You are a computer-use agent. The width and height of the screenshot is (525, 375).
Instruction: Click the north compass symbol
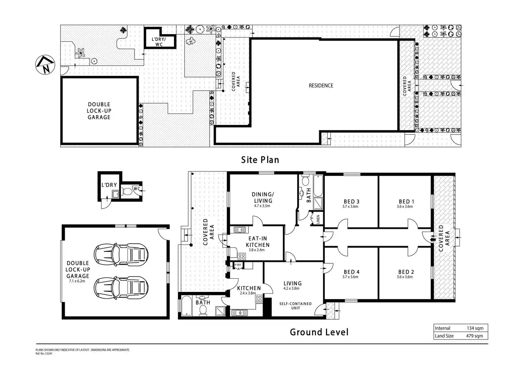(x=45, y=65)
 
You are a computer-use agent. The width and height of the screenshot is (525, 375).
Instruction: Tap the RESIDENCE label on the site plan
(x=321, y=86)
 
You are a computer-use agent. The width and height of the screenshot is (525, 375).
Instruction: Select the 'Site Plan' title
(x=260, y=160)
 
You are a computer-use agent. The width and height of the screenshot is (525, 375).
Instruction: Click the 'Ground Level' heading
(x=319, y=332)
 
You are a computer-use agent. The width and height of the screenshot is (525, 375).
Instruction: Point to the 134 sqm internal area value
(x=475, y=328)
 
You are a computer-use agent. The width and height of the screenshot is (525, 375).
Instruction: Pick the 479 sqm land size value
(x=475, y=336)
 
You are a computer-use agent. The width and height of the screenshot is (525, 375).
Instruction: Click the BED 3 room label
(x=352, y=202)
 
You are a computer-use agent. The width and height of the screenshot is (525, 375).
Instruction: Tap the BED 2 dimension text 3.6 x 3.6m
(x=405, y=277)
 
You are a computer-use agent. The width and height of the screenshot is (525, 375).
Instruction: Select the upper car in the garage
(x=121, y=254)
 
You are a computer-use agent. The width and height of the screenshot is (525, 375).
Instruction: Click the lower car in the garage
(x=121, y=288)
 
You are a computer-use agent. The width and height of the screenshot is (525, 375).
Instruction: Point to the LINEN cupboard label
(x=318, y=219)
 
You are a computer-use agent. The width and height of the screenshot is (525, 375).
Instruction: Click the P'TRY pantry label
(x=238, y=265)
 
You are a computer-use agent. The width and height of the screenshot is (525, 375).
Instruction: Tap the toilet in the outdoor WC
(x=127, y=191)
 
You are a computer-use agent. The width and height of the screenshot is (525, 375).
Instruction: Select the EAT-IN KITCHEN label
(x=258, y=242)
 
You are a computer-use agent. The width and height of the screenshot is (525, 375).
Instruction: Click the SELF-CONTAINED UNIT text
(x=296, y=306)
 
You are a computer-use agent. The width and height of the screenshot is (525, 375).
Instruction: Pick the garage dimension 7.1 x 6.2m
(x=77, y=281)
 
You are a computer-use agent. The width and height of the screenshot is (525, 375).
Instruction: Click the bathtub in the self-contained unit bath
(x=187, y=306)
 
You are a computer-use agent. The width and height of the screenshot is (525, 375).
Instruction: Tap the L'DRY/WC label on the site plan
(x=159, y=42)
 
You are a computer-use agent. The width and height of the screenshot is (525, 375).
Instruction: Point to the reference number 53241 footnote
(x=44, y=354)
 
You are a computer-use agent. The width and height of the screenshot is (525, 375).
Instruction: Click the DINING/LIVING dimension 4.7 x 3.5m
(x=262, y=206)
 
